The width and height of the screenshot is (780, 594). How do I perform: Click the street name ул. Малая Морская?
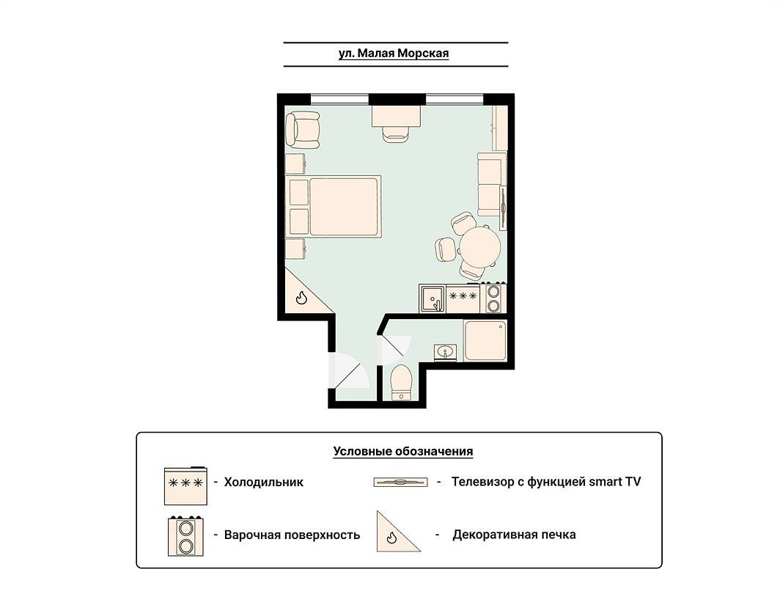(x=394, y=54)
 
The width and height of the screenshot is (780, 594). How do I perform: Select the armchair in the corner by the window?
(x=303, y=129)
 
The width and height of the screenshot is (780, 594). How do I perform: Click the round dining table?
(x=480, y=246)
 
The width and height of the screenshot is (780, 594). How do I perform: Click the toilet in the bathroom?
(x=401, y=382)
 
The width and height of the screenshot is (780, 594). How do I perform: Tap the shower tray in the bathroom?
(x=485, y=340)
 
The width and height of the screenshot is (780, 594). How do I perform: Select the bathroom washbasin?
(x=445, y=352)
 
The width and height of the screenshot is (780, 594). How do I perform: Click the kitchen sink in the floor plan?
(x=433, y=298)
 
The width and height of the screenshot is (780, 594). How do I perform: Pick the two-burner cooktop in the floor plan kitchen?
(x=493, y=298)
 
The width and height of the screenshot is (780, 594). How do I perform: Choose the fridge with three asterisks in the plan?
(x=463, y=298)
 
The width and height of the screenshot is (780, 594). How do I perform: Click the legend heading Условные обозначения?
(x=403, y=452)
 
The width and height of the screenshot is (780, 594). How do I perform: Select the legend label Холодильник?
(x=264, y=482)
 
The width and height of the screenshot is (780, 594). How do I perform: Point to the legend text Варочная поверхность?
(x=292, y=535)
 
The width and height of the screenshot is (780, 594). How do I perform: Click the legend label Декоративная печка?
(x=514, y=535)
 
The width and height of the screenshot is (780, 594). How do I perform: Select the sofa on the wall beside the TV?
(x=491, y=185)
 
